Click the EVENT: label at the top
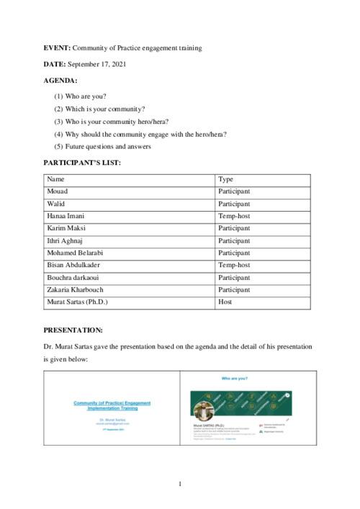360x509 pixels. point(57,48)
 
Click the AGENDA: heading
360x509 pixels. point(60,81)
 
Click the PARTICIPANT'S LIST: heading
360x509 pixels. point(82,163)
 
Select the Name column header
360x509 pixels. point(55,179)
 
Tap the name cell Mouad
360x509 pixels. point(57,192)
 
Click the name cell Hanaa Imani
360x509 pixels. point(66,216)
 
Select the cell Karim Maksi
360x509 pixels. point(66,228)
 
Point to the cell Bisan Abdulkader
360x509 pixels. point(73,265)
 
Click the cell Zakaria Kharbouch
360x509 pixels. point(75,289)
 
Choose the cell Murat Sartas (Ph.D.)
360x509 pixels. point(77,302)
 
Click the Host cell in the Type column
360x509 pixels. point(225,302)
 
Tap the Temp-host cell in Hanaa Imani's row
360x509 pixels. point(234,216)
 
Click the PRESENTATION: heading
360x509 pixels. point(73,330)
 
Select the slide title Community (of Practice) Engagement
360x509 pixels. point(112,403)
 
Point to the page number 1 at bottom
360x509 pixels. point(180,484)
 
